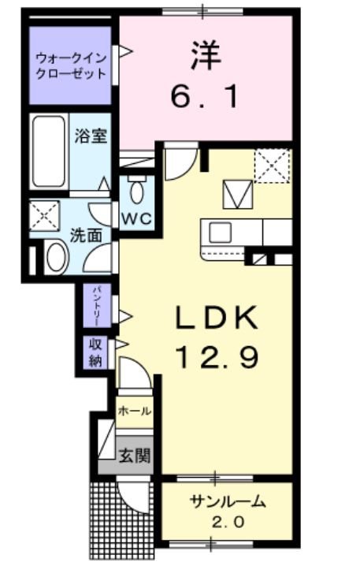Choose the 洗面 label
click(85, 234)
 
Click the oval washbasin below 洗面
click(55, 257)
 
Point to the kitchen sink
click(220, 233)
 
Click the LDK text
click(216, 319)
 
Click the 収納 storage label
click(96, 352)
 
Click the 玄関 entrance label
click(134, 455)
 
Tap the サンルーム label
click(227, 501)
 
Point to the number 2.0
click(227, 522)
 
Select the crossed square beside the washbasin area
click(44, 214)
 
